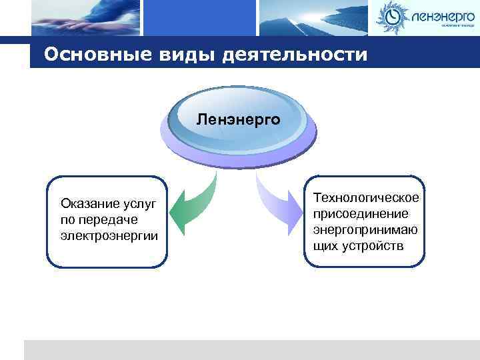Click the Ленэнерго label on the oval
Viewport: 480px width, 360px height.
238,121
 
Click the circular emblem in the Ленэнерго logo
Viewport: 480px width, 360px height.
393,17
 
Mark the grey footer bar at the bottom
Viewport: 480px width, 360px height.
251,350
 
